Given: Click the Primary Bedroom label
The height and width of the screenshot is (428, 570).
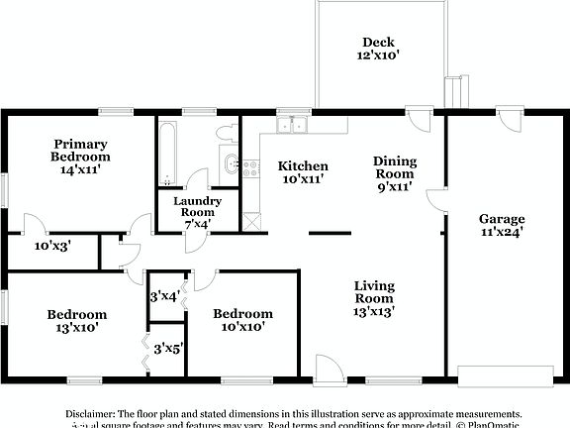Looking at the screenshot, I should click(x=81, y=150).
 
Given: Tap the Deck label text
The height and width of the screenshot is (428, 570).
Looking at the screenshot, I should click(x=378, y=43).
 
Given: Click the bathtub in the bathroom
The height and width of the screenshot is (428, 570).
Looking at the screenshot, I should click(x=167, y=154).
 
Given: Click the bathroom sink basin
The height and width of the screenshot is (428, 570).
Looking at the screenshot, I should click(x=231, y=164).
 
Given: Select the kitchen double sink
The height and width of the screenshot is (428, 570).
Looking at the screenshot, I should click(x=293, y=125).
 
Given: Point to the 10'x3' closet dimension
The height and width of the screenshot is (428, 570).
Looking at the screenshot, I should click(x=52, y=245).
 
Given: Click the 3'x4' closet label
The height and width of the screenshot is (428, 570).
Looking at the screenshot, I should click(x=162, y=295).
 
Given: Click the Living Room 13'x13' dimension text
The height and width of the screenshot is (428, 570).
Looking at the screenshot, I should click(x=375, y=311).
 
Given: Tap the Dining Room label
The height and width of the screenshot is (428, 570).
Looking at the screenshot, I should click(x=394, y=167).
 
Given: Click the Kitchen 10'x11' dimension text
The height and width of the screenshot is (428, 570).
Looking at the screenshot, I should click(x=303, y=178).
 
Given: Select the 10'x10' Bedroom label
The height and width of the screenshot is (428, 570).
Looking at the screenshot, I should click(x=243, y=320).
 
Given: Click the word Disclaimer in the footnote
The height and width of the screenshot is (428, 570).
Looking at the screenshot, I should click(x=91, y=412).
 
